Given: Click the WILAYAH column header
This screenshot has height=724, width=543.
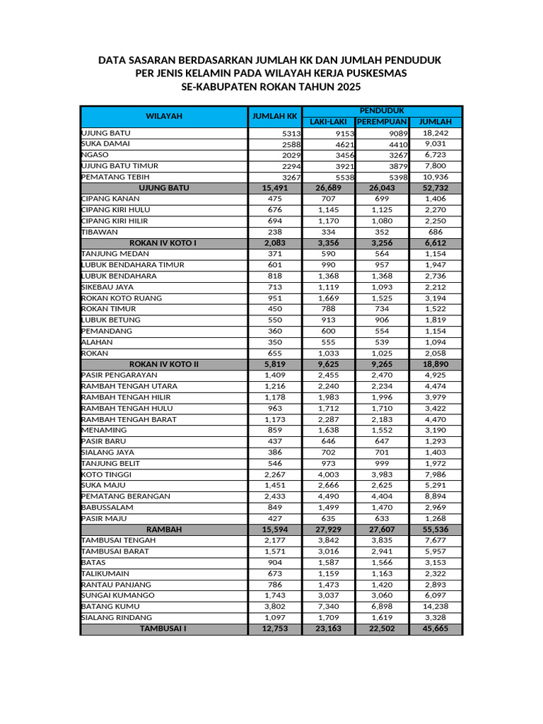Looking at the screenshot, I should point(164,116).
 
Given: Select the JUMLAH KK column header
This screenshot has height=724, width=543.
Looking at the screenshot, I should point(275,116).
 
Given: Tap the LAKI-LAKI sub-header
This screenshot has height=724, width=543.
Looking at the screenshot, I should point(329,122).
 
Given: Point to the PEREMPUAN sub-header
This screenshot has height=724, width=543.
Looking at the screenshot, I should point(383,122).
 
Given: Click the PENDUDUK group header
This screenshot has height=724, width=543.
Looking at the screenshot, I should point(382,111).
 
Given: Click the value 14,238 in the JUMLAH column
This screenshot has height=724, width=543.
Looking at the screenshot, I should point(436,607).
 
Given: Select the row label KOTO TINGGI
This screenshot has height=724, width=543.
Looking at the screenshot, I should point(107,474).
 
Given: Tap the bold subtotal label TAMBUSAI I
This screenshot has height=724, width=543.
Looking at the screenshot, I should point(163,629).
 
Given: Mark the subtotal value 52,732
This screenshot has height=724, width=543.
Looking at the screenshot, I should point(436,188).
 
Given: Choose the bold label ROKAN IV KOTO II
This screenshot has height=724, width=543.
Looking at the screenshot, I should point(164,364).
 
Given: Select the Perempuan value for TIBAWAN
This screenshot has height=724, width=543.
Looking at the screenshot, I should point(383,232).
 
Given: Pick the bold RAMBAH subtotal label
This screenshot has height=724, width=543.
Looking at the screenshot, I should point(164,530).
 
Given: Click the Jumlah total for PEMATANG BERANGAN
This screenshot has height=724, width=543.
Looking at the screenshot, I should point(436,496).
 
